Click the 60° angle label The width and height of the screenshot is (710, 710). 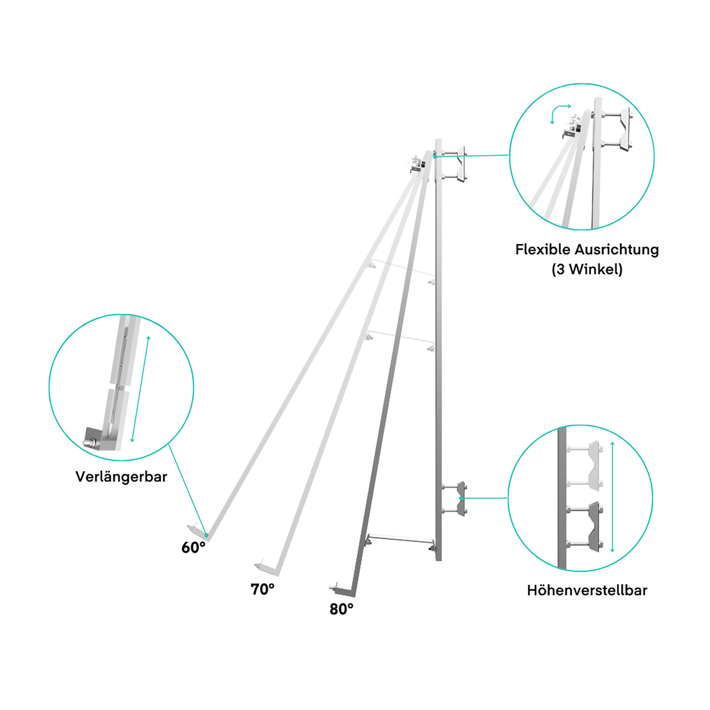coord(193,547)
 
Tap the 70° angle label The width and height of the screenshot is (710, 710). coord(262,589)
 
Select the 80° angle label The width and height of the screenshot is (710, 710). coord(341,609)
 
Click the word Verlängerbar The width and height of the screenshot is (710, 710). coord(121,476)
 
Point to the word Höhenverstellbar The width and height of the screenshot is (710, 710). coord(587,590)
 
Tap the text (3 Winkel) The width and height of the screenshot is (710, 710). coord(587,269)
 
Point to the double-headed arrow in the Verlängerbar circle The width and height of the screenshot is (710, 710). coord(140,389)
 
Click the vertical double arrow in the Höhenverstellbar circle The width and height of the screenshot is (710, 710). coord(612,497)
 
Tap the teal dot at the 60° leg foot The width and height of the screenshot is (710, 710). coord(206,535)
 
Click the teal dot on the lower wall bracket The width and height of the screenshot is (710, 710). coord(461,498)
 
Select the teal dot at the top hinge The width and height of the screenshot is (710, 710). coord(435,156)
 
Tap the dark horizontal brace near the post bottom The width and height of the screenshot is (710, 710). coord(400,540)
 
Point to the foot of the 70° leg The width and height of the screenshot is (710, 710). coord(267,568)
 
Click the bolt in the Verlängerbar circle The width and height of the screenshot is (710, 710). coord(89,443)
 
